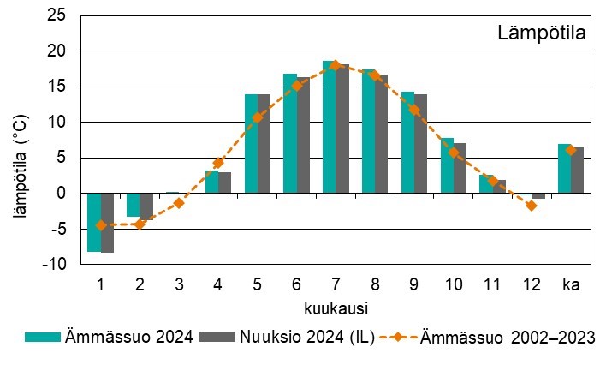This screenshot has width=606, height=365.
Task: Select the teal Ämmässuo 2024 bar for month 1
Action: [x=94, y=222]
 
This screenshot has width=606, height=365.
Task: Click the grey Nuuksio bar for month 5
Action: [x=264, y=144]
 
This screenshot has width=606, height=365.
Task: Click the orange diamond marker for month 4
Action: [x=218, y=162]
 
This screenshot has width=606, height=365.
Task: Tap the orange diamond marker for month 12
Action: [x=532, y=206]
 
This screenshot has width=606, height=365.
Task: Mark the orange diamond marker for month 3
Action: [x=179, y=203]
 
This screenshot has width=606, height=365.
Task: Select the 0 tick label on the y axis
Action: [x=60, y=194]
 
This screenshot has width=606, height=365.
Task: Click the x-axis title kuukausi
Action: [x=335, y=306]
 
